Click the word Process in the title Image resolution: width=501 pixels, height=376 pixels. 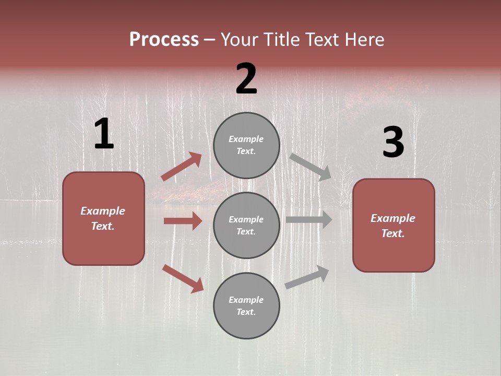(164, 39)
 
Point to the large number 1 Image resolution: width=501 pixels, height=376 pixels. (104, 134)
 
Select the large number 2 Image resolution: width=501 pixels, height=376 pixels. (246, 79)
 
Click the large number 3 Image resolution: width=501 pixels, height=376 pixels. (393, 143)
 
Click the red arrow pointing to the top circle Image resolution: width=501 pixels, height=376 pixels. (182, 166)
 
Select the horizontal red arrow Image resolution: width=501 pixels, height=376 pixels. (183, 221)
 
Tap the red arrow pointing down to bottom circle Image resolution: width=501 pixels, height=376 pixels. (183, 278)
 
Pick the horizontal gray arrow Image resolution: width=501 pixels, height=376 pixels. (309, 219)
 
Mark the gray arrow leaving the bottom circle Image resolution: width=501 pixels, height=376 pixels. (307, 277)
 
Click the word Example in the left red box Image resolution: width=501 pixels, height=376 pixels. (103, 211)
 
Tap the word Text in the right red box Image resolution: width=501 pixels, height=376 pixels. (392, 233)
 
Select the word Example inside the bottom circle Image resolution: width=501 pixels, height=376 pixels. (246, 300)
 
